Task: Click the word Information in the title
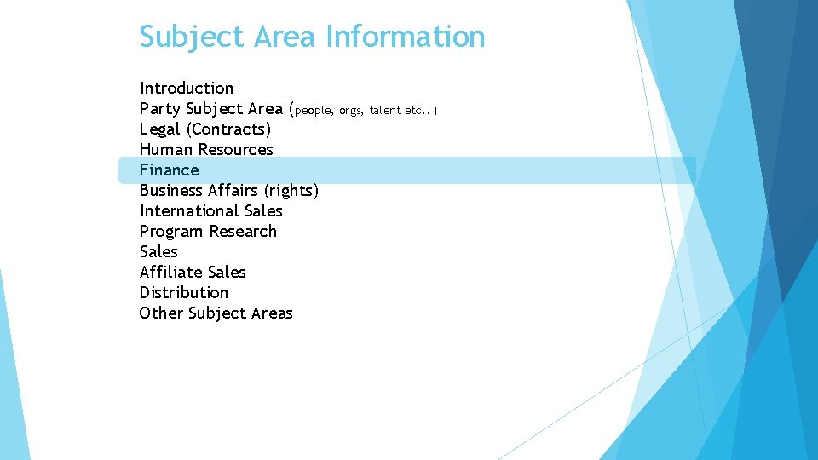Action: point(405,37)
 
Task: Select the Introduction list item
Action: point(187,88)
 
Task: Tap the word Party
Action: point(159,109)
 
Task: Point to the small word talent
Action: point(385,111)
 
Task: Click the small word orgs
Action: point(351,111)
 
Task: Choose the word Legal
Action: point(159,129)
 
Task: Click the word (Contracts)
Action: point(228,129)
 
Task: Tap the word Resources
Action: point(235,150)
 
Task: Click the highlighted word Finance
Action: point(169,170)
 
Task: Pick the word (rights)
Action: point(291,191)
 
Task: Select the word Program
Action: point(171,232)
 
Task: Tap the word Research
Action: point(243,232)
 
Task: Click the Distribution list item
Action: point(184,293)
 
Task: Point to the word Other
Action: point(161,313)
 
